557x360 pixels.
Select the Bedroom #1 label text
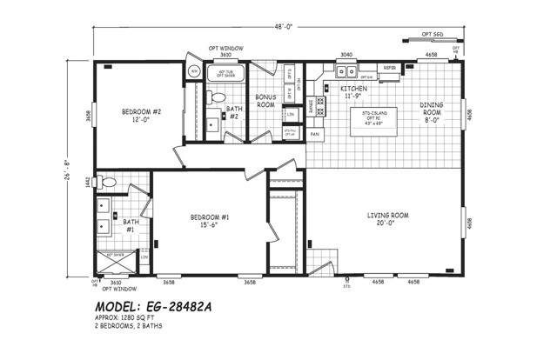coord(209,221)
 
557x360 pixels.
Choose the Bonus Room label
coord(265,100)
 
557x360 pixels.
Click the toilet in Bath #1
coord(105,183)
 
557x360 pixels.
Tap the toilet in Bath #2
coord(218,97)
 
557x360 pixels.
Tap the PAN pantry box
coord(315,135)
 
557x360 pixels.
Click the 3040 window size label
coord(346,54)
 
